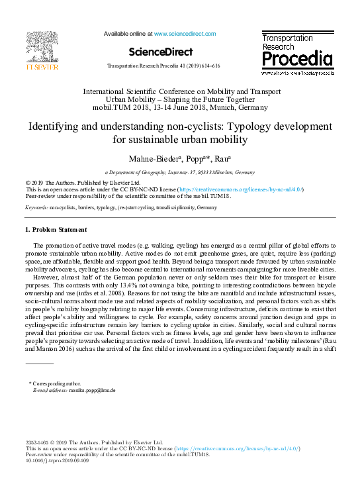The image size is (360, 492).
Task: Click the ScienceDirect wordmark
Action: click(161, 52)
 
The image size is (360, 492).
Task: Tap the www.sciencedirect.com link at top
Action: click(185, 33)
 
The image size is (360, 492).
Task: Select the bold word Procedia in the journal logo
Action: click(297, 59)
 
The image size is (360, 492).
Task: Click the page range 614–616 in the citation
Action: click(211, 67)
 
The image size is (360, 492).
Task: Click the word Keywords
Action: click(36, 207)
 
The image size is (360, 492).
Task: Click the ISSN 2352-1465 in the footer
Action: click(39, 442)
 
